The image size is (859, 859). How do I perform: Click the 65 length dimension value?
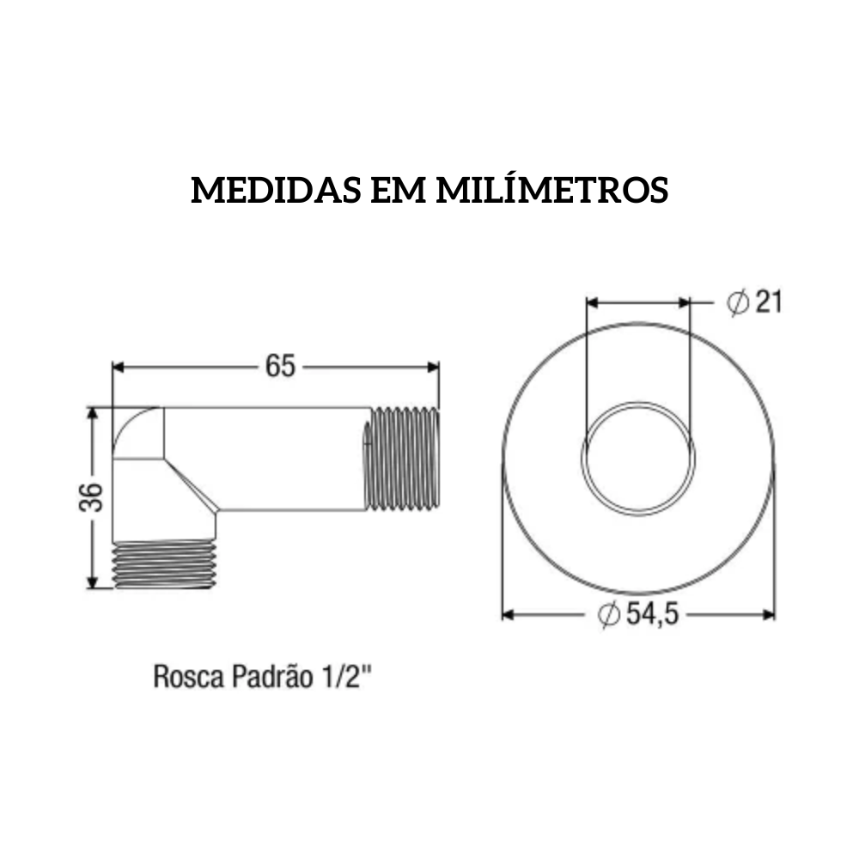280,366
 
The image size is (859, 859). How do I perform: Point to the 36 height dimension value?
92,497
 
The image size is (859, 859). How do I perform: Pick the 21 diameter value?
768,302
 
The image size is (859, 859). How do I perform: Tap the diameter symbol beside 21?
736,302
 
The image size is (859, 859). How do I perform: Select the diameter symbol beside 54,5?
608,615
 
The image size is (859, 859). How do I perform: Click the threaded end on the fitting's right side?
403,460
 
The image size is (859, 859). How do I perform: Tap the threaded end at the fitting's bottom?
164,564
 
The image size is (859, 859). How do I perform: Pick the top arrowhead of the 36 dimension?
92,413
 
